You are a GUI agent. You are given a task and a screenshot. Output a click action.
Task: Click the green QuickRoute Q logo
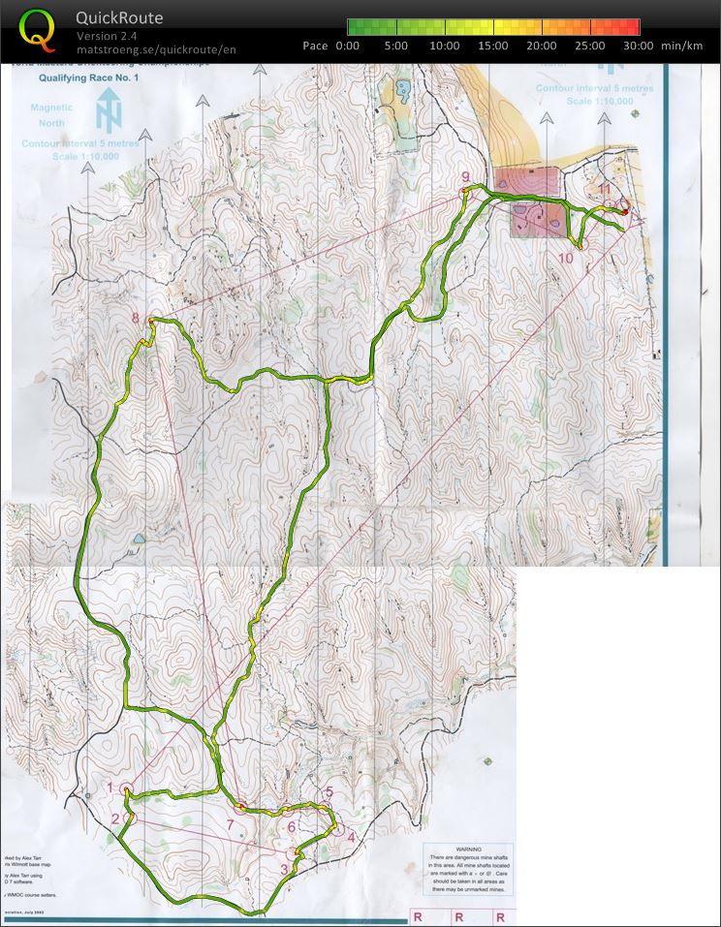click(x=37, y=29)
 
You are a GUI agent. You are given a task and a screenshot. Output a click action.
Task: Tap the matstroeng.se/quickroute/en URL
click(x=156, y=49)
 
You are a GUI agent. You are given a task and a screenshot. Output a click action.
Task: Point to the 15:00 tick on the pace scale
click(x=493, y=46)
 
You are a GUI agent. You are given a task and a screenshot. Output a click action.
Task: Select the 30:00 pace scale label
click(x=638, y=46)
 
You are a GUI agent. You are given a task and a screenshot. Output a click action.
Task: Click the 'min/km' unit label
click(x=681, y=46)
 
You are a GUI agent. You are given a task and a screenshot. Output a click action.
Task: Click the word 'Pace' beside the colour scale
click(x=315, y=46)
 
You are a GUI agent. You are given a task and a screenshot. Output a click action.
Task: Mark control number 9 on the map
click(x=465, y=176)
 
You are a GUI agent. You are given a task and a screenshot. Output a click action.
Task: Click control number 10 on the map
click(x=567, y=258)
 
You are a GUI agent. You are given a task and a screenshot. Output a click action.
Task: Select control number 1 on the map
click(x=110, y=788)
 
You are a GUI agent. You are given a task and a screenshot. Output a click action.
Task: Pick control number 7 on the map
click(x=230, y=824)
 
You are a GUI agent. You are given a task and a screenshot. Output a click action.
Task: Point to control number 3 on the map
click(x=284, y=869)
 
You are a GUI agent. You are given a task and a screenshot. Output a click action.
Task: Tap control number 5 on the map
click(x=329, y=792)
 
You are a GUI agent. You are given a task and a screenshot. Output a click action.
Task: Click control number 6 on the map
click(x=292, y=826)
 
